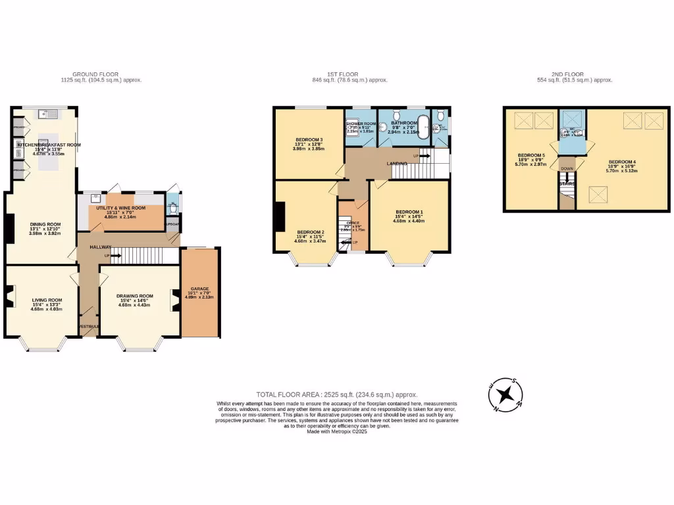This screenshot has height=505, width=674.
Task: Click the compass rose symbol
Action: (x=505, y=395)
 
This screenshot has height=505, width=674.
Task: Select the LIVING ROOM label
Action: (x=47, y=301)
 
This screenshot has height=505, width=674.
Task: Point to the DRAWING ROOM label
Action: (x=135, y=296)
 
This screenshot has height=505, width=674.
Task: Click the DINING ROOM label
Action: (x=45, y=224)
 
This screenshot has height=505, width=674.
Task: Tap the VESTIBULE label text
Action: (x=88, y=327)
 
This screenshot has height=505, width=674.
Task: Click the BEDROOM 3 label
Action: (x=309, y=140)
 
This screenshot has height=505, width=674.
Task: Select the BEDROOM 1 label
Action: (x=409, y=212)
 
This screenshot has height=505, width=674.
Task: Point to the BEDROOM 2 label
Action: (x=311, y=232)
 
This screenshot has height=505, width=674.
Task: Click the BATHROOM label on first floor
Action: (x=404, y=123)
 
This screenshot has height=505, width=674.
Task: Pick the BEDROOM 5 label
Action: (x=530, y=156)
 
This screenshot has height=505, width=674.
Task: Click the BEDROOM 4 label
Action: (x=622, y=162)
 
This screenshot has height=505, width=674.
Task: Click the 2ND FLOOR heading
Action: (x=575, y=74)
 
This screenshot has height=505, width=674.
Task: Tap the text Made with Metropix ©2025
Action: (x=337, y=431)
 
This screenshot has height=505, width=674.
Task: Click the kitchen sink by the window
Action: (x=48, y=114)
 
